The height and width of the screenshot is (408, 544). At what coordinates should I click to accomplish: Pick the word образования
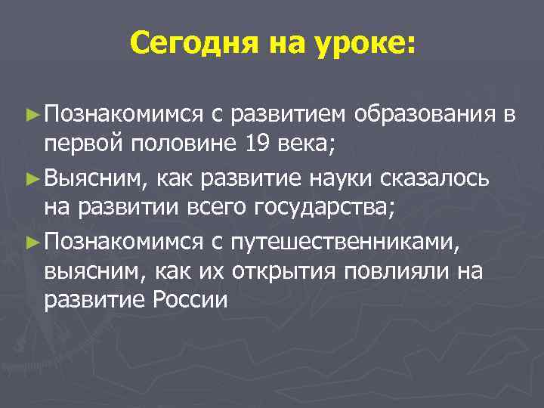coord(428,114)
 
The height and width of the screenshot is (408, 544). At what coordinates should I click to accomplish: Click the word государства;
coord(325,206)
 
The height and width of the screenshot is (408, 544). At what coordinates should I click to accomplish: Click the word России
coord(190,300)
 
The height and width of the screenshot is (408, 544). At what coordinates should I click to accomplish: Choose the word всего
coord(217,204)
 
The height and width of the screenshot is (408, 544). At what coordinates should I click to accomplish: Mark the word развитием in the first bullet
coord(289,114)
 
